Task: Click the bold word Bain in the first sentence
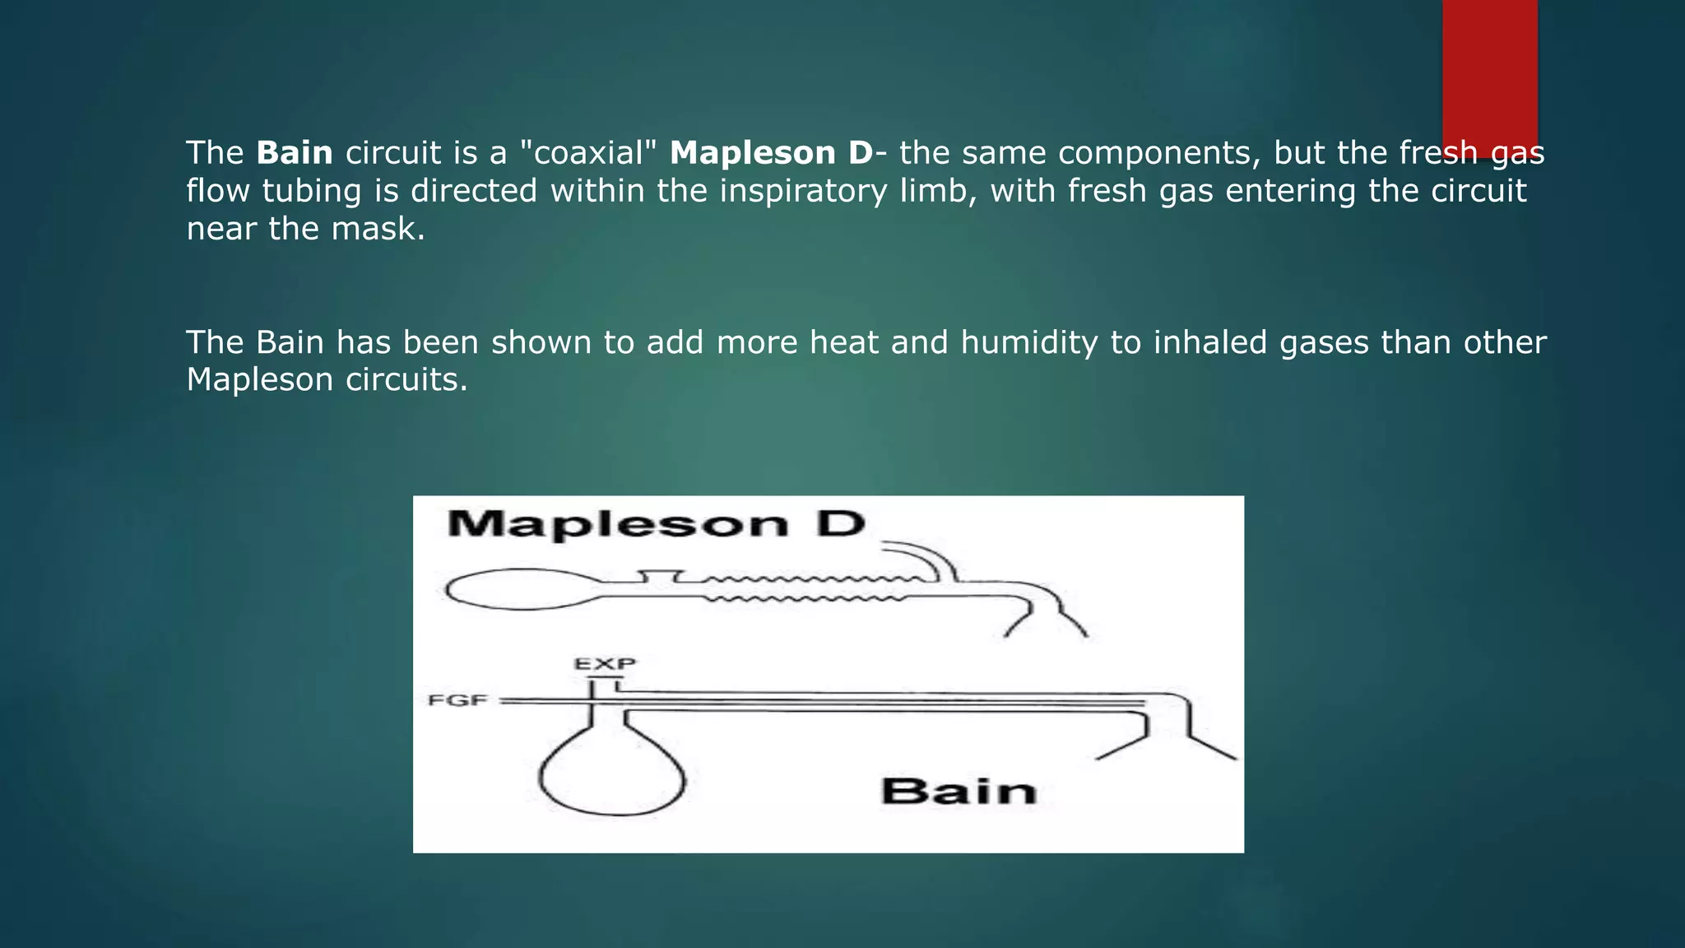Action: [x=295, y=153]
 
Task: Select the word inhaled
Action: [x=1210, y=342]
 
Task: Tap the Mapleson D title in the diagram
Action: [x=656, y=524]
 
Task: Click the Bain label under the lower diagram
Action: [x=959, y=792]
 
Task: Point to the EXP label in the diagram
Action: [x=605, y=663]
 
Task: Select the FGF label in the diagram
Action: [x=458, y=701]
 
